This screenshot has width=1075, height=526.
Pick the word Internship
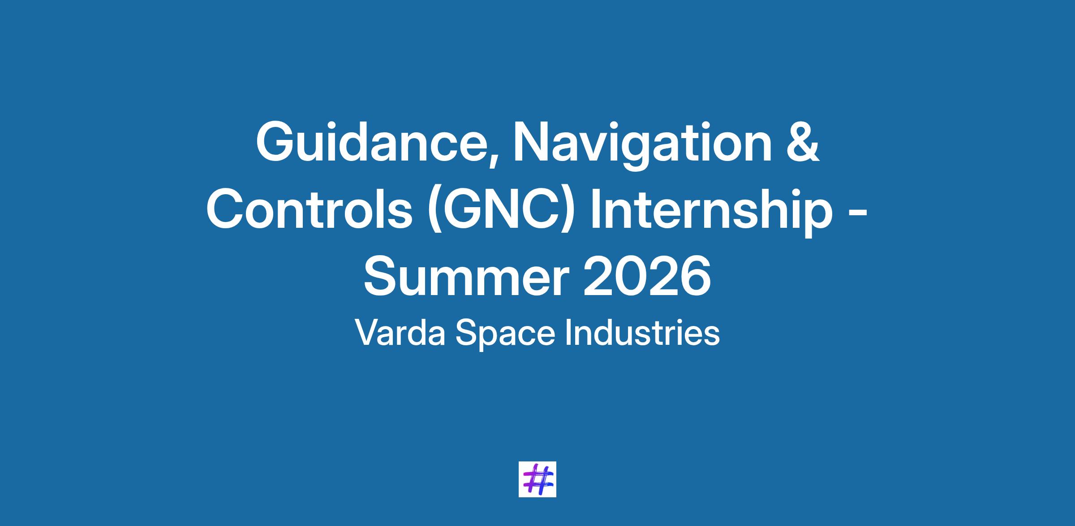[x=711, y=213]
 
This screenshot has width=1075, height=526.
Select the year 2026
[x=646, y=274]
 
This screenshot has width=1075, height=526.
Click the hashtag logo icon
[x=537, y=479]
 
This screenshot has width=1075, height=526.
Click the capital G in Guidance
[x=276, y=143]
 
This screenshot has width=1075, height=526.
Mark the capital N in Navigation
[x=532, y=143]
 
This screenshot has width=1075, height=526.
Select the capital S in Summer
[x=382, y=275]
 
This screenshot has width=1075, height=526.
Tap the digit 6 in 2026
[x=695, y=275]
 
